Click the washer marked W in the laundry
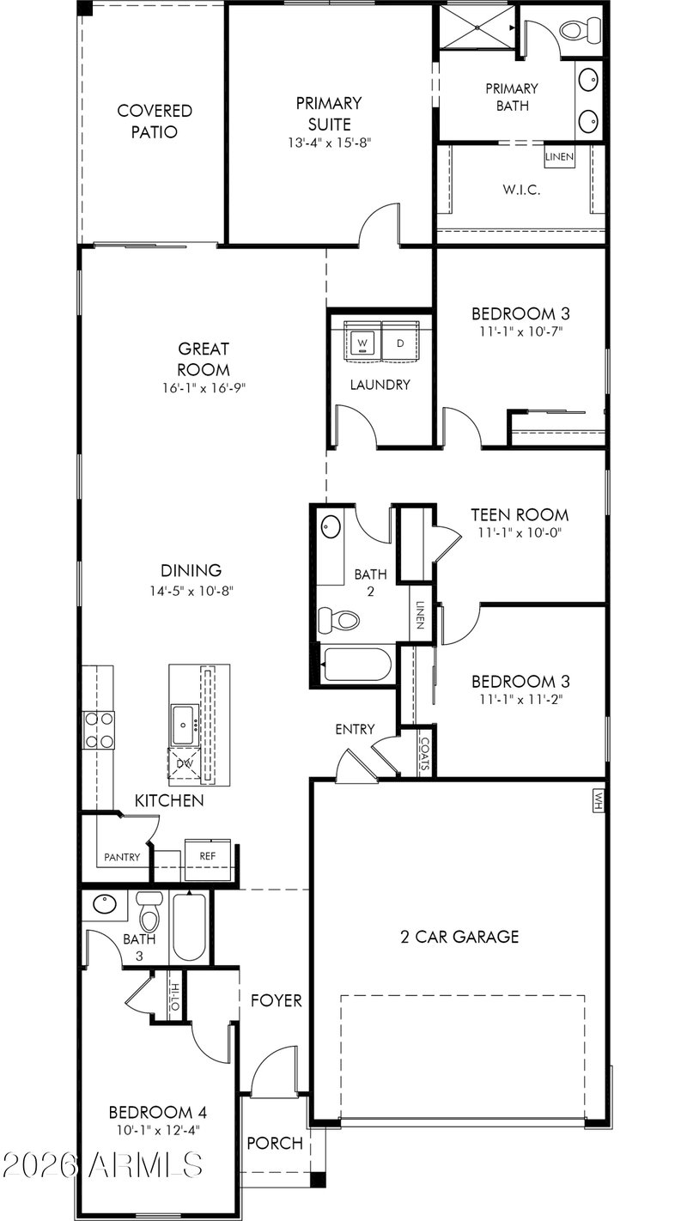pos(362,343)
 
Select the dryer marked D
pos(401,343)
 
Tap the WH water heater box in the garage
pos(599,801)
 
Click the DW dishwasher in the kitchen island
pos(185,763)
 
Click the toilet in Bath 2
pos(338,620)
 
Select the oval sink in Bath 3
pos(105,904)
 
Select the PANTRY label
pos(122,858)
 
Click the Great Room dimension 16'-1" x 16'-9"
pos(204,388)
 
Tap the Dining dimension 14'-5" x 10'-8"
pos(192,591)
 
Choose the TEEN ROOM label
pos(520,514)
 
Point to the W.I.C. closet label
pos(521,190)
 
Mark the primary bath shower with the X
pos(477,27)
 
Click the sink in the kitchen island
pos(183,725)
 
